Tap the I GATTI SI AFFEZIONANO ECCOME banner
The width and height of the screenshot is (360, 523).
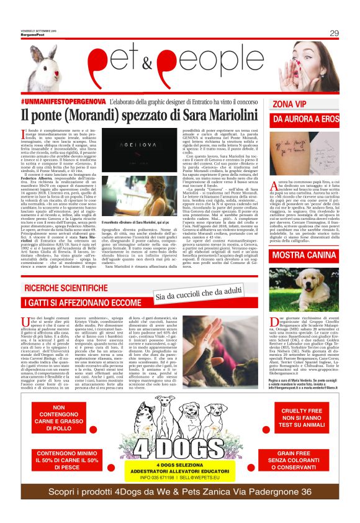(83, 302)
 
